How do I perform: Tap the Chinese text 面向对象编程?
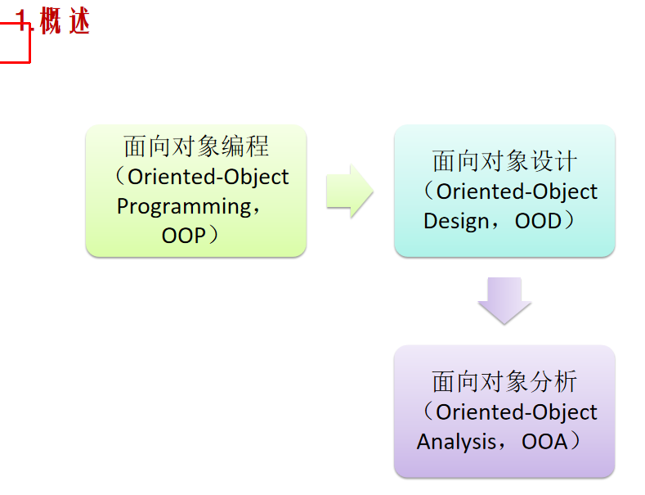196,146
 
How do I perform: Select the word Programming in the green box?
183,206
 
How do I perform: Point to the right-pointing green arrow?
350,191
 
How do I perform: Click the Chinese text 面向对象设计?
504,161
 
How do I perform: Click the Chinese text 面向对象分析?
504,382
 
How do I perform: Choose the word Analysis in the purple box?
455,442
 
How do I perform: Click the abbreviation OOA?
544,442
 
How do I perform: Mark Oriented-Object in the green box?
208,177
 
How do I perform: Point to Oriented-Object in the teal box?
517,191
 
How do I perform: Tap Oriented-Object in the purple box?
517,412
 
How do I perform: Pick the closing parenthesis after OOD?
571,221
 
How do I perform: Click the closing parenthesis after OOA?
576,442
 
